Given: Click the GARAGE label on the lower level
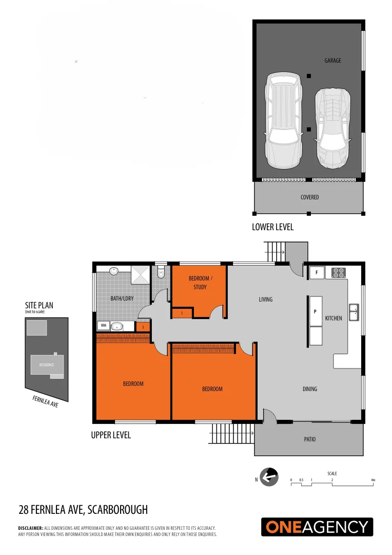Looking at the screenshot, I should (332, 61).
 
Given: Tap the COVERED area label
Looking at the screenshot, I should (309, 197).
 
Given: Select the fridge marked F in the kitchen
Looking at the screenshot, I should (317, 272).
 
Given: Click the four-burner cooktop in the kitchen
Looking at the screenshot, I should (339, 272).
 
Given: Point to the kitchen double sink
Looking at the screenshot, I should (354, 312).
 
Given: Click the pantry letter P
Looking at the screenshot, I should (315, 311).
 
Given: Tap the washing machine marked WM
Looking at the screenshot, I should (103, 325).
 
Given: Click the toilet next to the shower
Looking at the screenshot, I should (161, 272).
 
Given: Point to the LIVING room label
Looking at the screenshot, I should (266, 299).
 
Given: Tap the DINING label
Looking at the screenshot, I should (310, 389).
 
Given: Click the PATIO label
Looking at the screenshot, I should (309, 439).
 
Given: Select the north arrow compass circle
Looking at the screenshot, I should (269, 477).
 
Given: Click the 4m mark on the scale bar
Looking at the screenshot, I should (373, 480).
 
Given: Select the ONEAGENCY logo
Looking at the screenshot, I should (317, 527).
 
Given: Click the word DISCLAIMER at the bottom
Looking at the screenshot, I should (30, 528).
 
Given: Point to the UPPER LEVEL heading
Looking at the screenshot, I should (111, 435).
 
